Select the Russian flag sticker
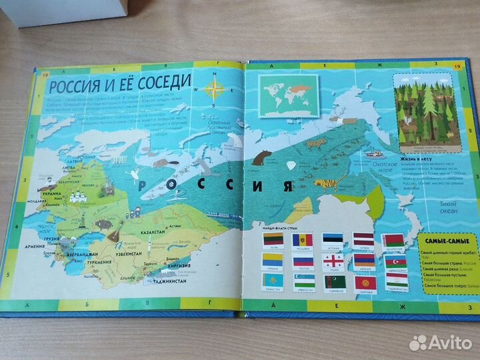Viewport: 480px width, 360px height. click(x=303, y=261)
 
